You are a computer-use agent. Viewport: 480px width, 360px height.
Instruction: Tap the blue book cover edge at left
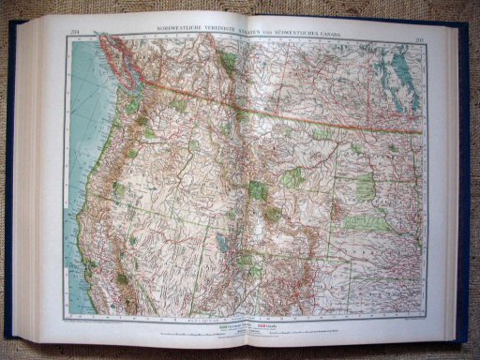tap(8, 187)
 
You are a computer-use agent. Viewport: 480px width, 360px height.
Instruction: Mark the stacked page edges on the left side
tap(28, 187)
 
